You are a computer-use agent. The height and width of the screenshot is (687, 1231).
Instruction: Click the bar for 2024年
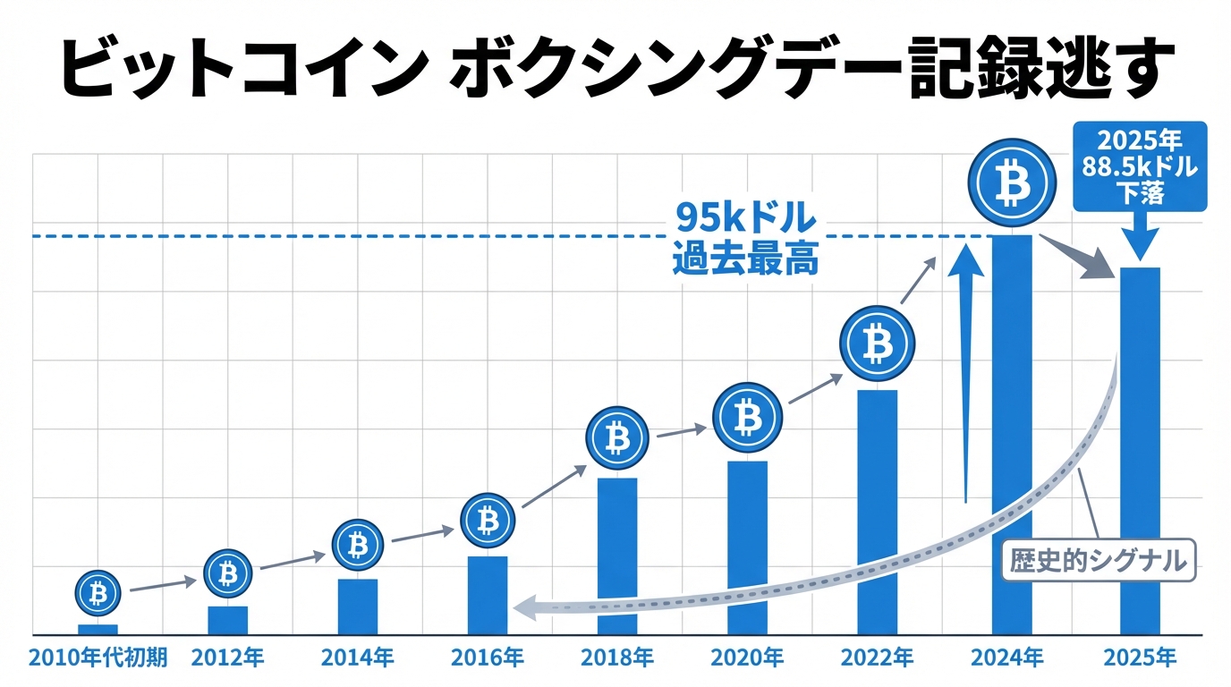1011,434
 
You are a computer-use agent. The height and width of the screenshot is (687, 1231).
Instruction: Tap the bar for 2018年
617,556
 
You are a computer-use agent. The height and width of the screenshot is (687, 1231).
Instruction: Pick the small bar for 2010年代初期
98,629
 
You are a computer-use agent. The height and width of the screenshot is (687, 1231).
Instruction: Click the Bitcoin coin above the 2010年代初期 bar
98,592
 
